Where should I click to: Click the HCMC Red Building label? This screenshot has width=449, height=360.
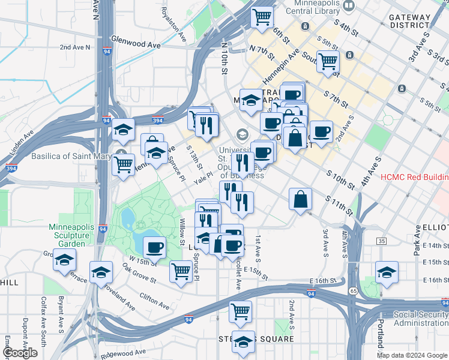pyautogui.click(x=415, y=178)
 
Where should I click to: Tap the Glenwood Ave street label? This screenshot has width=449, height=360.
pyautogui.click(x=136, y=44)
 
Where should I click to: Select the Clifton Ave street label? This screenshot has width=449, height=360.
pyautogui.click(x=157, y=296)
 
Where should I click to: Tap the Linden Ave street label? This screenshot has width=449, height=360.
pyautogui.click(x=24, y=146)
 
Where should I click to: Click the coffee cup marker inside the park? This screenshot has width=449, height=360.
pyautogui.click(x=154, y=247)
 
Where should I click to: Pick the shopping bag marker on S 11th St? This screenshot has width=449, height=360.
pyautogui.click(x=300, y=199)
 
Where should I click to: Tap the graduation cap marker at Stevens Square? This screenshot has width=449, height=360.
pyautogui.click(x=243, y=342)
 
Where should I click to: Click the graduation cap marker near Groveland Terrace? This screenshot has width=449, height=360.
pyautogui.click(x=64, y=261)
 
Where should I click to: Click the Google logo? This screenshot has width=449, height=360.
pyautogui.click(x=20, y=353)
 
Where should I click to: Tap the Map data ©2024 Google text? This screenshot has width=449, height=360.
pyautogui.click(x=412, y=355)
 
